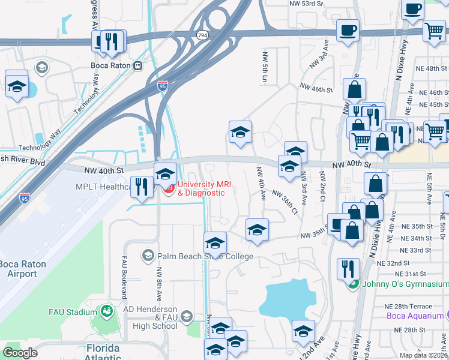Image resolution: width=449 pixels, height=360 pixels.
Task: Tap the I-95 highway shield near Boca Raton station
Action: click(x=163, y=86)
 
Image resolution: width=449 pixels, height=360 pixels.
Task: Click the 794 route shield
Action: click(x=202, y=36)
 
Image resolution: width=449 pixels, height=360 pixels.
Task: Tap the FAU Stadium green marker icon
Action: click(x=106, y=311)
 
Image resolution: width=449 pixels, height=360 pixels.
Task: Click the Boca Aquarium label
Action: click(x=414, y=316)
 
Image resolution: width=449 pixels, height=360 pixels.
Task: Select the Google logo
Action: click(x=20, y=353)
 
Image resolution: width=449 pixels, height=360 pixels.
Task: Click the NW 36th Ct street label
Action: click(x=285, y=202)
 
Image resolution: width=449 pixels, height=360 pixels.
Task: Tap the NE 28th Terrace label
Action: click(x=415, y=306)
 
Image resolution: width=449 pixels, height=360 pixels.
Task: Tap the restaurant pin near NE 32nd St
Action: click(x=348, y=269)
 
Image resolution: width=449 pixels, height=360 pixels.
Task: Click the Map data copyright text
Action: click(x=423, y=355)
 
